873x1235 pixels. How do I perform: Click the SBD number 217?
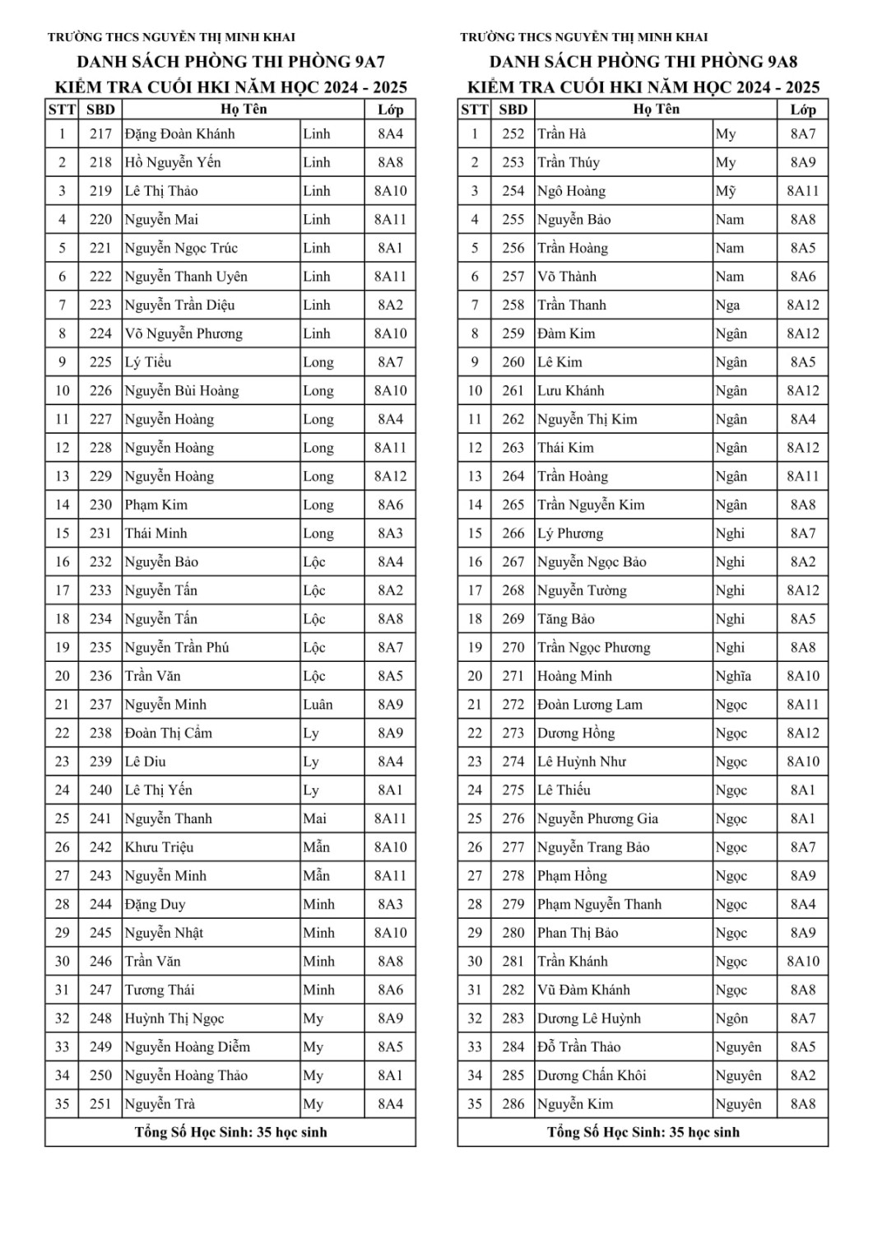[100, 134]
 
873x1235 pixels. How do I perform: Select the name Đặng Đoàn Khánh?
[179, 134]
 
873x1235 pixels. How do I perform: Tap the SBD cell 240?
[100, 790]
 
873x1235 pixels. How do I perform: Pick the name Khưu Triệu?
[159, 847]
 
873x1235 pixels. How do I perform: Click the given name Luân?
[318, 705]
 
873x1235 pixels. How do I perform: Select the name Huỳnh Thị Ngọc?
[174, 1018]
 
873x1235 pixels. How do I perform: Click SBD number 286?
[513, 1104]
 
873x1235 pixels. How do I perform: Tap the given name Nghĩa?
[733, 676]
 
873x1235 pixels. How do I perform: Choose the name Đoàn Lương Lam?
[590, 705]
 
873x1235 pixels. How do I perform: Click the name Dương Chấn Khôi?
[592, 1075]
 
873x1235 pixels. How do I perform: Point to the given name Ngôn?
[731, 1018]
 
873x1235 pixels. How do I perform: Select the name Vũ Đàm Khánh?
[583, 990]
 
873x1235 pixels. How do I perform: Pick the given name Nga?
[727, 305]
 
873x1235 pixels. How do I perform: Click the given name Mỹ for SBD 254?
[726, 191]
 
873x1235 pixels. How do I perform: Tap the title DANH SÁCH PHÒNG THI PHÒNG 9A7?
[231, 62]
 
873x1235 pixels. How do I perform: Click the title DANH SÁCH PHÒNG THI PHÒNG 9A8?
[643, 62]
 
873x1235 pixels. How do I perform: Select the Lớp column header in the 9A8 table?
[802, 110]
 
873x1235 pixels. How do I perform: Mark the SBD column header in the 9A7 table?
[100, 110]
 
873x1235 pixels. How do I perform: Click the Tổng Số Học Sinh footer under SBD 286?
[643, 1132]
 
